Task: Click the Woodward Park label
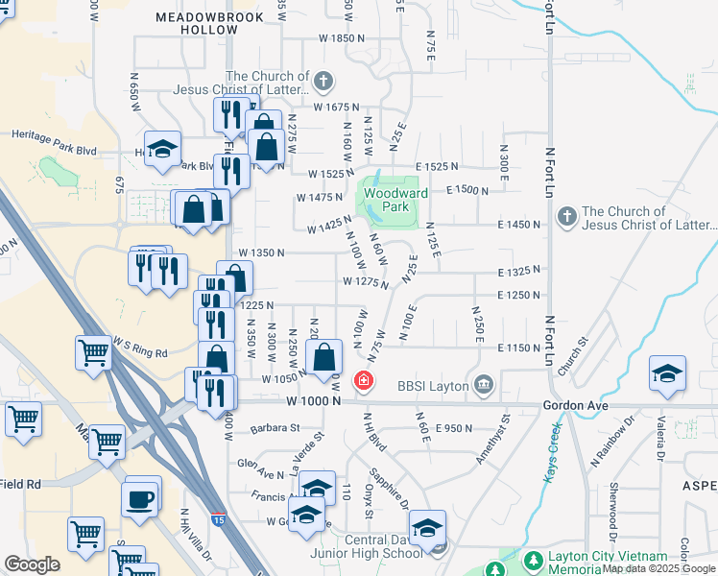click(389, 199)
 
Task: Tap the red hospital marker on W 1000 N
click(364, 381)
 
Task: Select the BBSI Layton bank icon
click(484, 386)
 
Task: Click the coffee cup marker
click(142, 499)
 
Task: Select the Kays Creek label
click(553, 462)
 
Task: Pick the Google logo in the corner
click(32, 564)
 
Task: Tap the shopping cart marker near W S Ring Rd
click(92, 352)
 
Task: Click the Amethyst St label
click(496, 439)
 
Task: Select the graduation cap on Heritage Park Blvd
click(163, 149)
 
